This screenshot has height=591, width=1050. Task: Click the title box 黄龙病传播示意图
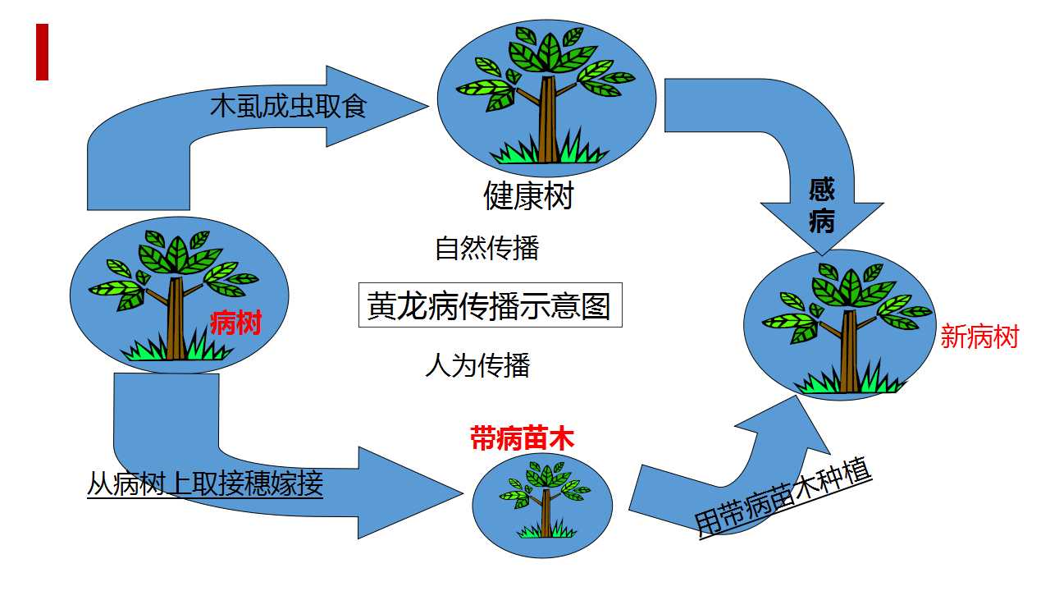coord(491,305)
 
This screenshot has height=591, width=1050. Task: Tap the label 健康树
coord(529,195)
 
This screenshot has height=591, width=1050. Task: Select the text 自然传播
coord(487,248)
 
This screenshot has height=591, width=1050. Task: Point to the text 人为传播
coord(477,365)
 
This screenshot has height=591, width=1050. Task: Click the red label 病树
coord(235,323)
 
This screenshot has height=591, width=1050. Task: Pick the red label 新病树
coord(979,337)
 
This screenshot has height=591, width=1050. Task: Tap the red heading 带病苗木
coord(523,438)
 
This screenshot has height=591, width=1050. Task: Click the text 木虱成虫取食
coord(288,106)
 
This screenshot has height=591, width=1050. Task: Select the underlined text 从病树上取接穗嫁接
coord(205,483)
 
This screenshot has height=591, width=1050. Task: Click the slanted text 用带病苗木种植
coord(783,498)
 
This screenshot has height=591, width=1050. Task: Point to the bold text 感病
coord(822,205)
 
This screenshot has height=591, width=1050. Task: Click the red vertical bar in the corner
coord(42,52)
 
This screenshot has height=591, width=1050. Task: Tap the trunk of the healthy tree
coord(547,120)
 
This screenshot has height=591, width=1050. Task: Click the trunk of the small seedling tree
coord(546,513)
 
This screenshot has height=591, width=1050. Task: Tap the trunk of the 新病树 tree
coord(849,350)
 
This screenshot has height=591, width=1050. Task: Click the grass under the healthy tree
coord(549,149)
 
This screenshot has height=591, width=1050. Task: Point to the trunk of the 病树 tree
coord(176,319)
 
